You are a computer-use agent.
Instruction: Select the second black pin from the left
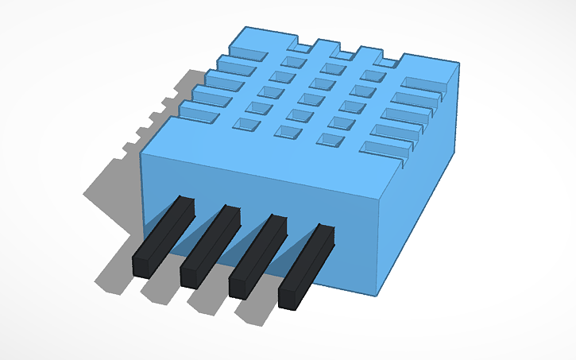pos(211,246)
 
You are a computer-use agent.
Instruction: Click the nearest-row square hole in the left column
pos(244,124)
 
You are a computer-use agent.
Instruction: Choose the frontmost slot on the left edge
pos(196,117)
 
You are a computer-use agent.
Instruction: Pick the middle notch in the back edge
pos(344,53)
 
